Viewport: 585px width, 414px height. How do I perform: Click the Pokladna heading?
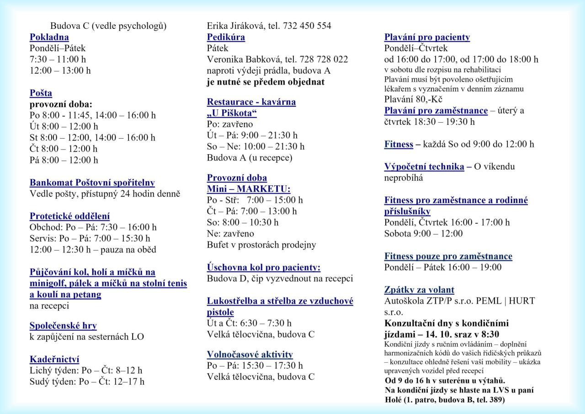49,37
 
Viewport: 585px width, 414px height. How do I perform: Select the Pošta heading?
41,93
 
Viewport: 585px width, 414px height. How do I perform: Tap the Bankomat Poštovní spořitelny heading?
92,183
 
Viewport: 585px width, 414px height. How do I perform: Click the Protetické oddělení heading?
69,216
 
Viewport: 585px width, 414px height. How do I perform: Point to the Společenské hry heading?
63,326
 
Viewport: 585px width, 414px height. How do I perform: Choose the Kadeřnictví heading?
54,359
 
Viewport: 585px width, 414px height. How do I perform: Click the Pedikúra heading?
226,37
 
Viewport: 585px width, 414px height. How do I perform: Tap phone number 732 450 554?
307,26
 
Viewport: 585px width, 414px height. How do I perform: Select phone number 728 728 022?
324,59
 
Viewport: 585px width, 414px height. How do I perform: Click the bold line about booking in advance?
266,82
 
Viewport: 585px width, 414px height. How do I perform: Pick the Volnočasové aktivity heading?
250,354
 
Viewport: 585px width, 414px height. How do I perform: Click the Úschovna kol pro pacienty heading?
263,267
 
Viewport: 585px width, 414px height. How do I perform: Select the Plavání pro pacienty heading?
427,37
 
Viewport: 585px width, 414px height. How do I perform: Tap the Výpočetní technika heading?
424,167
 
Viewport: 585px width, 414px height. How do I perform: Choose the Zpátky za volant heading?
419,290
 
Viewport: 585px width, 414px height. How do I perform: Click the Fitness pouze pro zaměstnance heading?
448,256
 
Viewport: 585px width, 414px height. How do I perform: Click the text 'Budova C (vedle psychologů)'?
108,26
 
